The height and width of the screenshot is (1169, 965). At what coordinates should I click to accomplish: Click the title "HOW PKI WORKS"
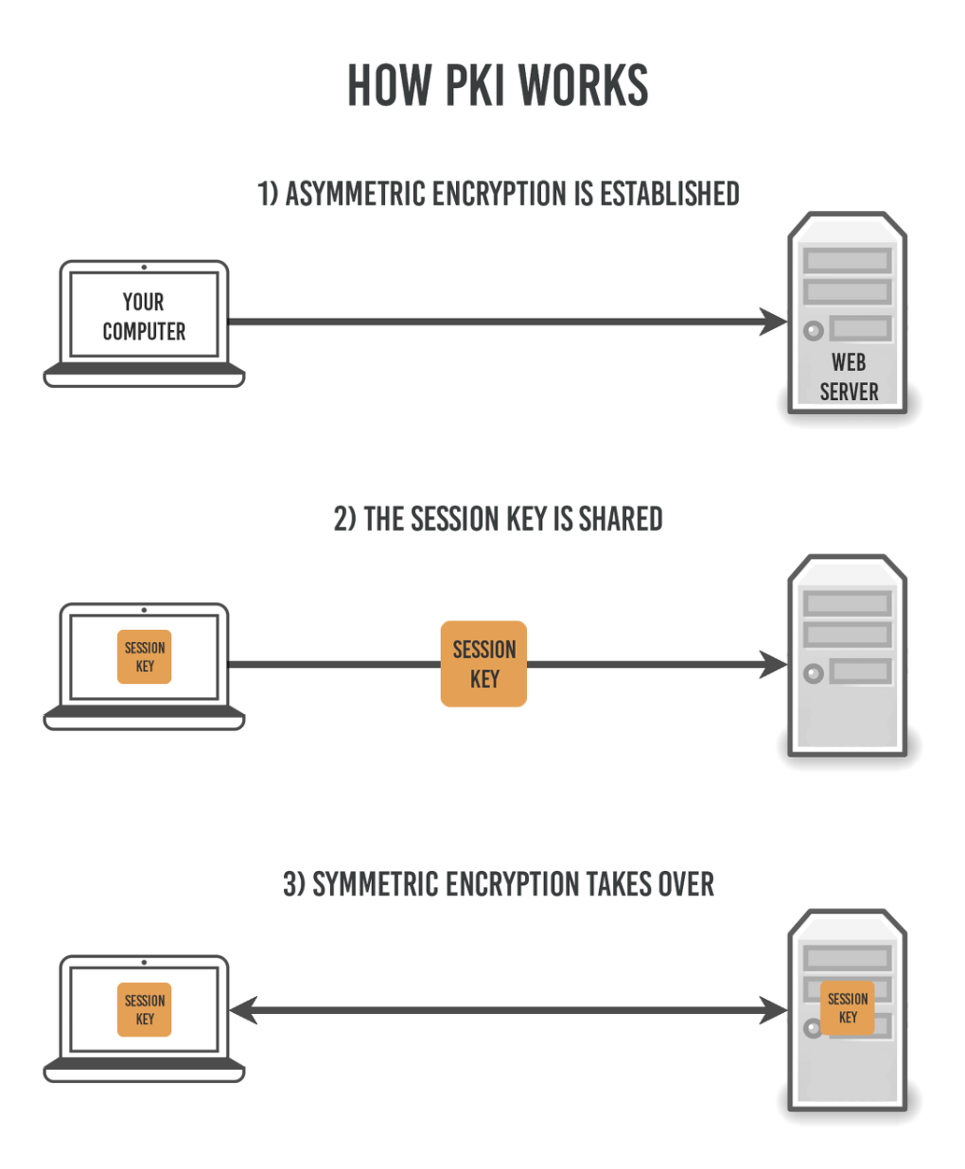(x=498, y=86)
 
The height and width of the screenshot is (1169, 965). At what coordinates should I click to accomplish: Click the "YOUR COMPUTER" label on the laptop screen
(x=144, y=317)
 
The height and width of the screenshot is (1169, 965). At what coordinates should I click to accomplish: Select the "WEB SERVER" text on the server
(x=849, y=377)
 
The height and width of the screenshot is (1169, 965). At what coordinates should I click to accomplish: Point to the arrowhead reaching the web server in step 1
(x=774, y=322)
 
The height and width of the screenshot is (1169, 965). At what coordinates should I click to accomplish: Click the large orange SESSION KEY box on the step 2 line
(x=483, y=664)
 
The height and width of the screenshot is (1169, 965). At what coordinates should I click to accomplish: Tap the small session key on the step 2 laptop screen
(x=145, y=656)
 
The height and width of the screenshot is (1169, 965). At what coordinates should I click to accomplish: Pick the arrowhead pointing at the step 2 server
(x=774, y=664)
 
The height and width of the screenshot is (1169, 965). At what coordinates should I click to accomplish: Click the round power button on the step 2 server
(x=813, y=673)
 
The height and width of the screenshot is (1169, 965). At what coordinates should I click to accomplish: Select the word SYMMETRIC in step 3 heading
(x=370, y=884)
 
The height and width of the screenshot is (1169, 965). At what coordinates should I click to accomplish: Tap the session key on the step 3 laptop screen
(x=145, y=1009)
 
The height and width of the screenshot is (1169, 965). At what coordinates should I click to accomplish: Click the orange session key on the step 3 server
(x=848, y=1008)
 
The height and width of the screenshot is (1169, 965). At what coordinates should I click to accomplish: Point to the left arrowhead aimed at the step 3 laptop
(x=243, y=1010)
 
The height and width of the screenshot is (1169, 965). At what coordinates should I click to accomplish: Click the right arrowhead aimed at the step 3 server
(x=774, y=1010)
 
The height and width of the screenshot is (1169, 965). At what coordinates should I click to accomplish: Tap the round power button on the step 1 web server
(x=813, y=331)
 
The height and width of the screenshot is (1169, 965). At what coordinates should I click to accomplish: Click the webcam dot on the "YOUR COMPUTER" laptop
(x=144, y=268)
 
